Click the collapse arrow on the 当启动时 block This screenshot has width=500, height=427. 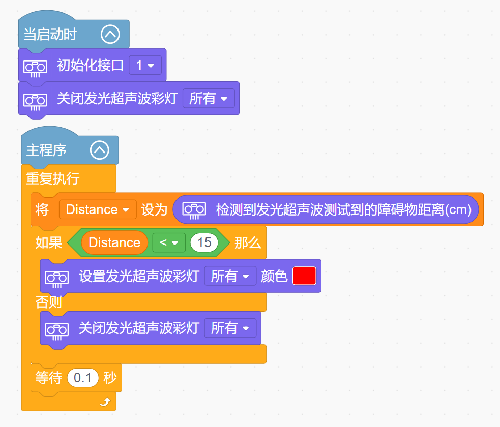click(110, 34)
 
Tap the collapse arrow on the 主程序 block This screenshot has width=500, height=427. click(100, 150)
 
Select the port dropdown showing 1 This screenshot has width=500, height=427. click(145, 66)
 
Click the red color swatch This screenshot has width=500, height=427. click(304, 276)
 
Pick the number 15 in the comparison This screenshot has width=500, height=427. click(204, 242)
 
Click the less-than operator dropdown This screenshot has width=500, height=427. click(169, 242)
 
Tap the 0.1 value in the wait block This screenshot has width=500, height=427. click(82, 378)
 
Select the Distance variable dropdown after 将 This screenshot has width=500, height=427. click(98, 209)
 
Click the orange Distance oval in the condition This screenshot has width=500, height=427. click(114, 242)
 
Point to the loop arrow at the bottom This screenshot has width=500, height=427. click(105, 402)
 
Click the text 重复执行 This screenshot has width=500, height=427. click(52, 178)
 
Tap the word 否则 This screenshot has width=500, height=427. click(48, 302)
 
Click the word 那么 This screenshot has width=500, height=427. click(248, 243)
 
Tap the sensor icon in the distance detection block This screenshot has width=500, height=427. click(194, 210)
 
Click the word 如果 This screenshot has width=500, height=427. click(48, 243)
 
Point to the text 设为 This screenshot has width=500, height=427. click(154, 209)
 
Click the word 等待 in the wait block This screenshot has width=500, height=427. click(48, 378)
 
